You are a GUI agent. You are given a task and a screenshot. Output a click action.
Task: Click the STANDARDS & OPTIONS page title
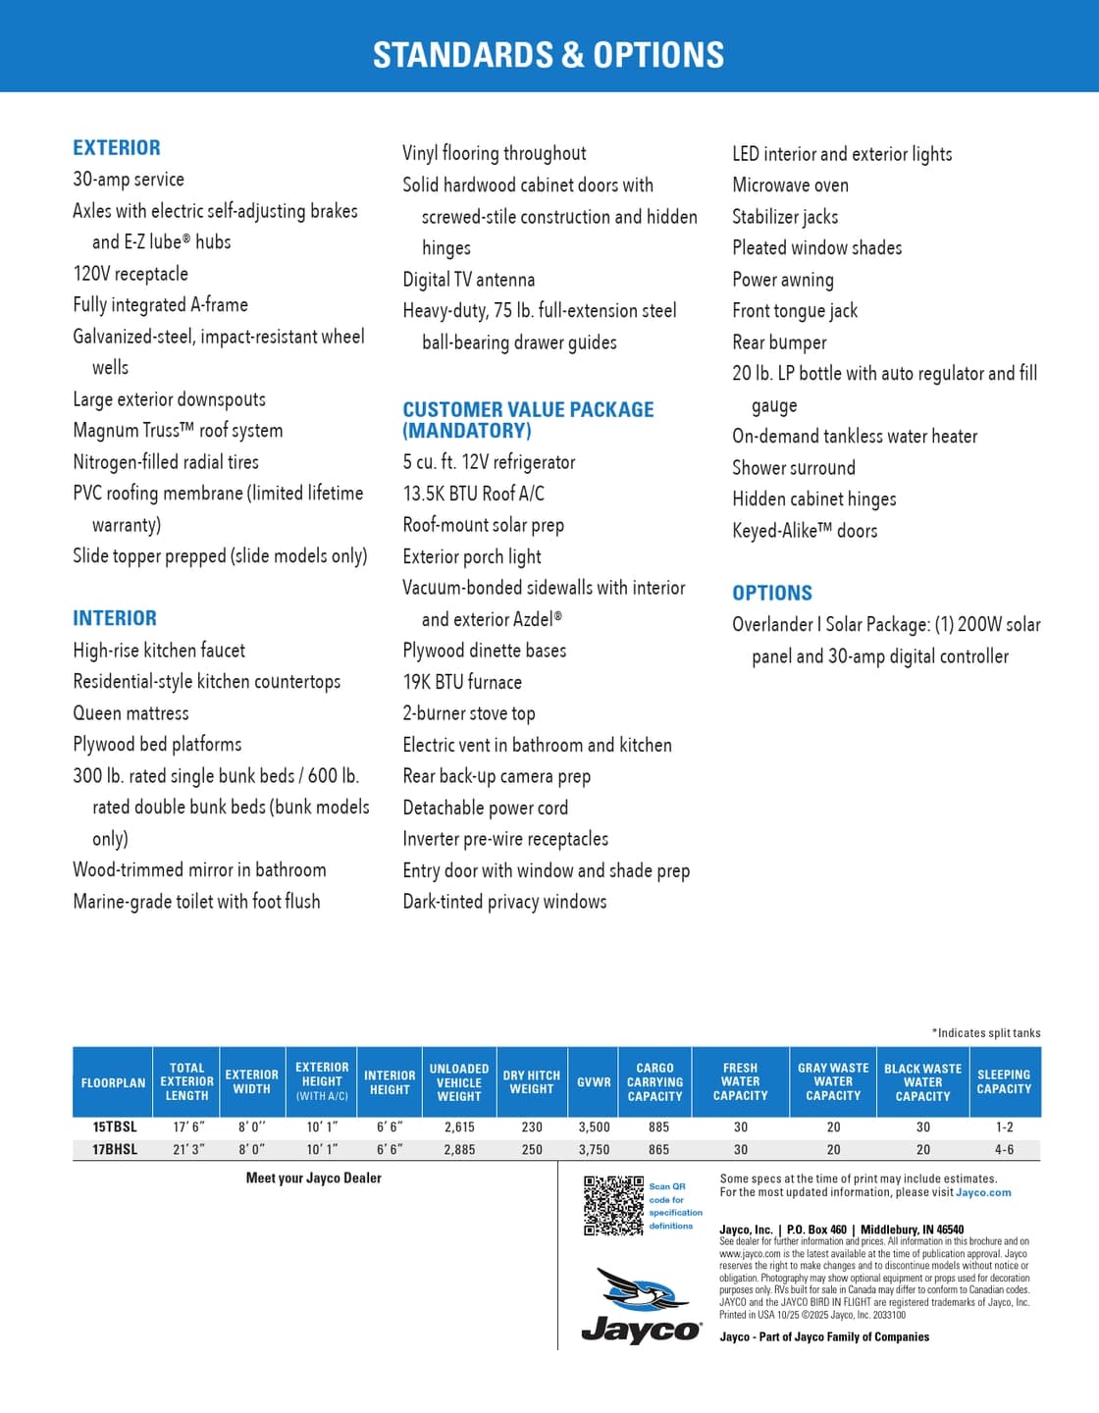click(549, 55)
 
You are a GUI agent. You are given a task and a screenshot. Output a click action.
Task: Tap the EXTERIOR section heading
click(117, 148)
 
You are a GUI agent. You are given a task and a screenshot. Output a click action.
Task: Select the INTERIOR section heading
click(115, 618)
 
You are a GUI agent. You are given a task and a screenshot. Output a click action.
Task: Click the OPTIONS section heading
click(772, 593)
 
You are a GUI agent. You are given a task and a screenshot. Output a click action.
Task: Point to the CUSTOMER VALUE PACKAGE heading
click(528, 420)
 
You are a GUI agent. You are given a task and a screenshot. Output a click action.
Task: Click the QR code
click(613, 1205)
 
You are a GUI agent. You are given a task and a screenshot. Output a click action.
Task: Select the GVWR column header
click(594, 1081)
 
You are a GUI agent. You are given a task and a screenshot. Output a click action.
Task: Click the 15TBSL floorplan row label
click(115, 1127)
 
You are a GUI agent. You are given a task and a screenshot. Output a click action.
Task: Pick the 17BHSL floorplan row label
click(115, 1149)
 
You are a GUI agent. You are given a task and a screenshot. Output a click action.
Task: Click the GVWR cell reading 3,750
click(594, 1149)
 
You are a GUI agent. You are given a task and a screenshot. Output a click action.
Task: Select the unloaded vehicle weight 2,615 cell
click(458, 1127)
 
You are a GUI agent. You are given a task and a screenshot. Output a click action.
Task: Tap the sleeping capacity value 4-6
click(1004, 1149)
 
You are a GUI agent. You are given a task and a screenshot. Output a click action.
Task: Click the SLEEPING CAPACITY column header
click(1004, 1081)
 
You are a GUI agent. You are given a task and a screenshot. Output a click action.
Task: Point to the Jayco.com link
click(983, 1193)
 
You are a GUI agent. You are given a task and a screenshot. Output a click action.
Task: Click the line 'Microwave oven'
click(790, 185)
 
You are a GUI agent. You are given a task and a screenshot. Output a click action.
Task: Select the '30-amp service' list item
click(129, 180)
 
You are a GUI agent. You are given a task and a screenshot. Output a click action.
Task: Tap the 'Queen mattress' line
click(131, 713)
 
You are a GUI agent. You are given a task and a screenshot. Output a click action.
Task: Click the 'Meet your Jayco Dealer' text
click(313, 1178)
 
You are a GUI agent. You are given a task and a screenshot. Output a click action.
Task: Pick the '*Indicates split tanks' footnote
click(985, 1033)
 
